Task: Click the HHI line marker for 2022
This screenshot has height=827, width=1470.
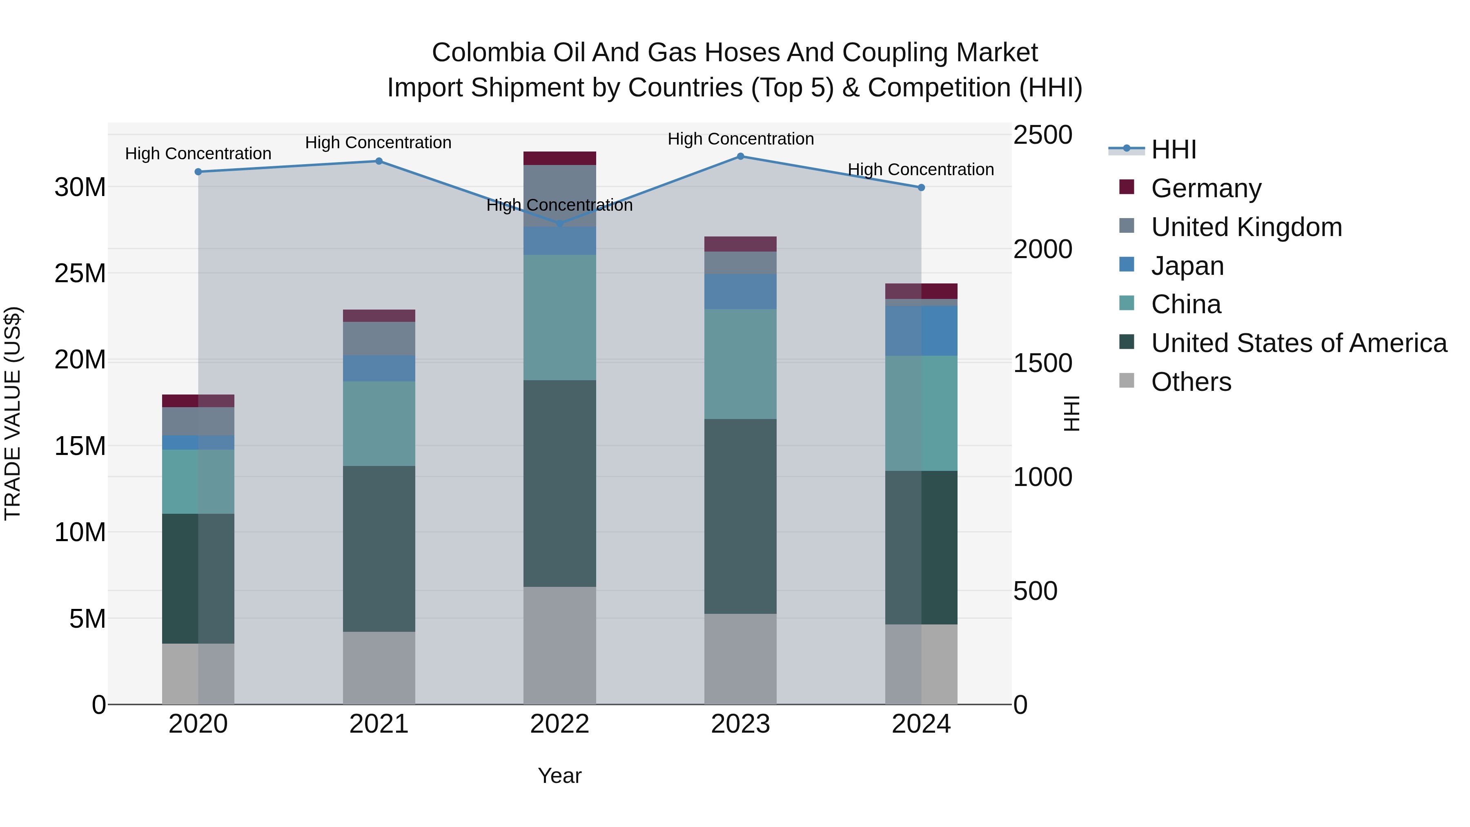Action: (x=559, y=224)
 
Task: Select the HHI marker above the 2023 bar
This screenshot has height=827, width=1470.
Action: (x=740, y=156)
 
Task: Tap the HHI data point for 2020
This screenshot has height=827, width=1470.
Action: (x=198, y=172)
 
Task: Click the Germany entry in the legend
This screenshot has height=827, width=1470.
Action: (x=1206, y=188)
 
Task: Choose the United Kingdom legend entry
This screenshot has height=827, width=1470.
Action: (x=1246, y=227)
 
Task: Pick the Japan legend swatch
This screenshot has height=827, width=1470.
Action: (x=1127, y=265)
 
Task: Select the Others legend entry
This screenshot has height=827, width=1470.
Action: (x=1191, y=382)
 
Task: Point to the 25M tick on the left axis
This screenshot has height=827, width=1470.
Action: (x=80, y=273)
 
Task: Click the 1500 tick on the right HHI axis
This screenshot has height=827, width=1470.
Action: (x=1042, y=363)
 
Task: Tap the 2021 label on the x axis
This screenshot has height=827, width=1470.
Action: (x=379, y=724)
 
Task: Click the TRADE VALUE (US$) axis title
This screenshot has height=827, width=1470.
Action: (x=13, y=413)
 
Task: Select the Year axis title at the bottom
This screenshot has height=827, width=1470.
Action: (x=559, y=776)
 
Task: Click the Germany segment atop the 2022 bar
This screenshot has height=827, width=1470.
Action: (x=559, y=158)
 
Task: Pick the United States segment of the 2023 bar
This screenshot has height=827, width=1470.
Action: (x=740, y=517)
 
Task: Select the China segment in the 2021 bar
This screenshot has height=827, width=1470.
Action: (x=379, y=424)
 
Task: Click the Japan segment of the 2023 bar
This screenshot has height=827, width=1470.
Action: (x=740, y=292)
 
